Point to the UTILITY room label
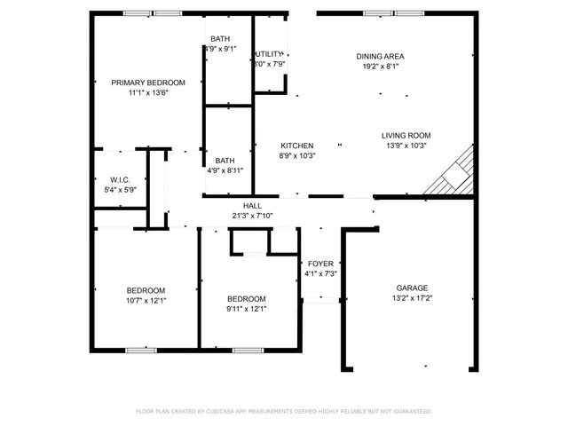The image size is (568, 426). coord(269,54)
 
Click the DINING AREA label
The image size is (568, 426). coord(380,56)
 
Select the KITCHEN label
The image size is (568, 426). coord(297,146)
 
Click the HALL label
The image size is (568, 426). coord(252,205)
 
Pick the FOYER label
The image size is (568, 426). coord(319,264)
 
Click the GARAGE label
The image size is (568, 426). coord(412,288)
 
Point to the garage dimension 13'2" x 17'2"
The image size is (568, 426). coord(412,298)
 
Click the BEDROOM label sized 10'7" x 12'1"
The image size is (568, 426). coord(146,290)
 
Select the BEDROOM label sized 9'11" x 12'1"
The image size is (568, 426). coord(246,298)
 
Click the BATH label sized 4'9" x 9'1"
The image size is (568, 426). coord(219,39)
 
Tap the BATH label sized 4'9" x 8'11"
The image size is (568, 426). coord(225,161)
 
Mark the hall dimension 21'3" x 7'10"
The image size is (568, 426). coord(252,215)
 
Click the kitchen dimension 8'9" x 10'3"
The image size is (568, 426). coord(297,155)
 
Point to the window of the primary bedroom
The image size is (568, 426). coord(152,13)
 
